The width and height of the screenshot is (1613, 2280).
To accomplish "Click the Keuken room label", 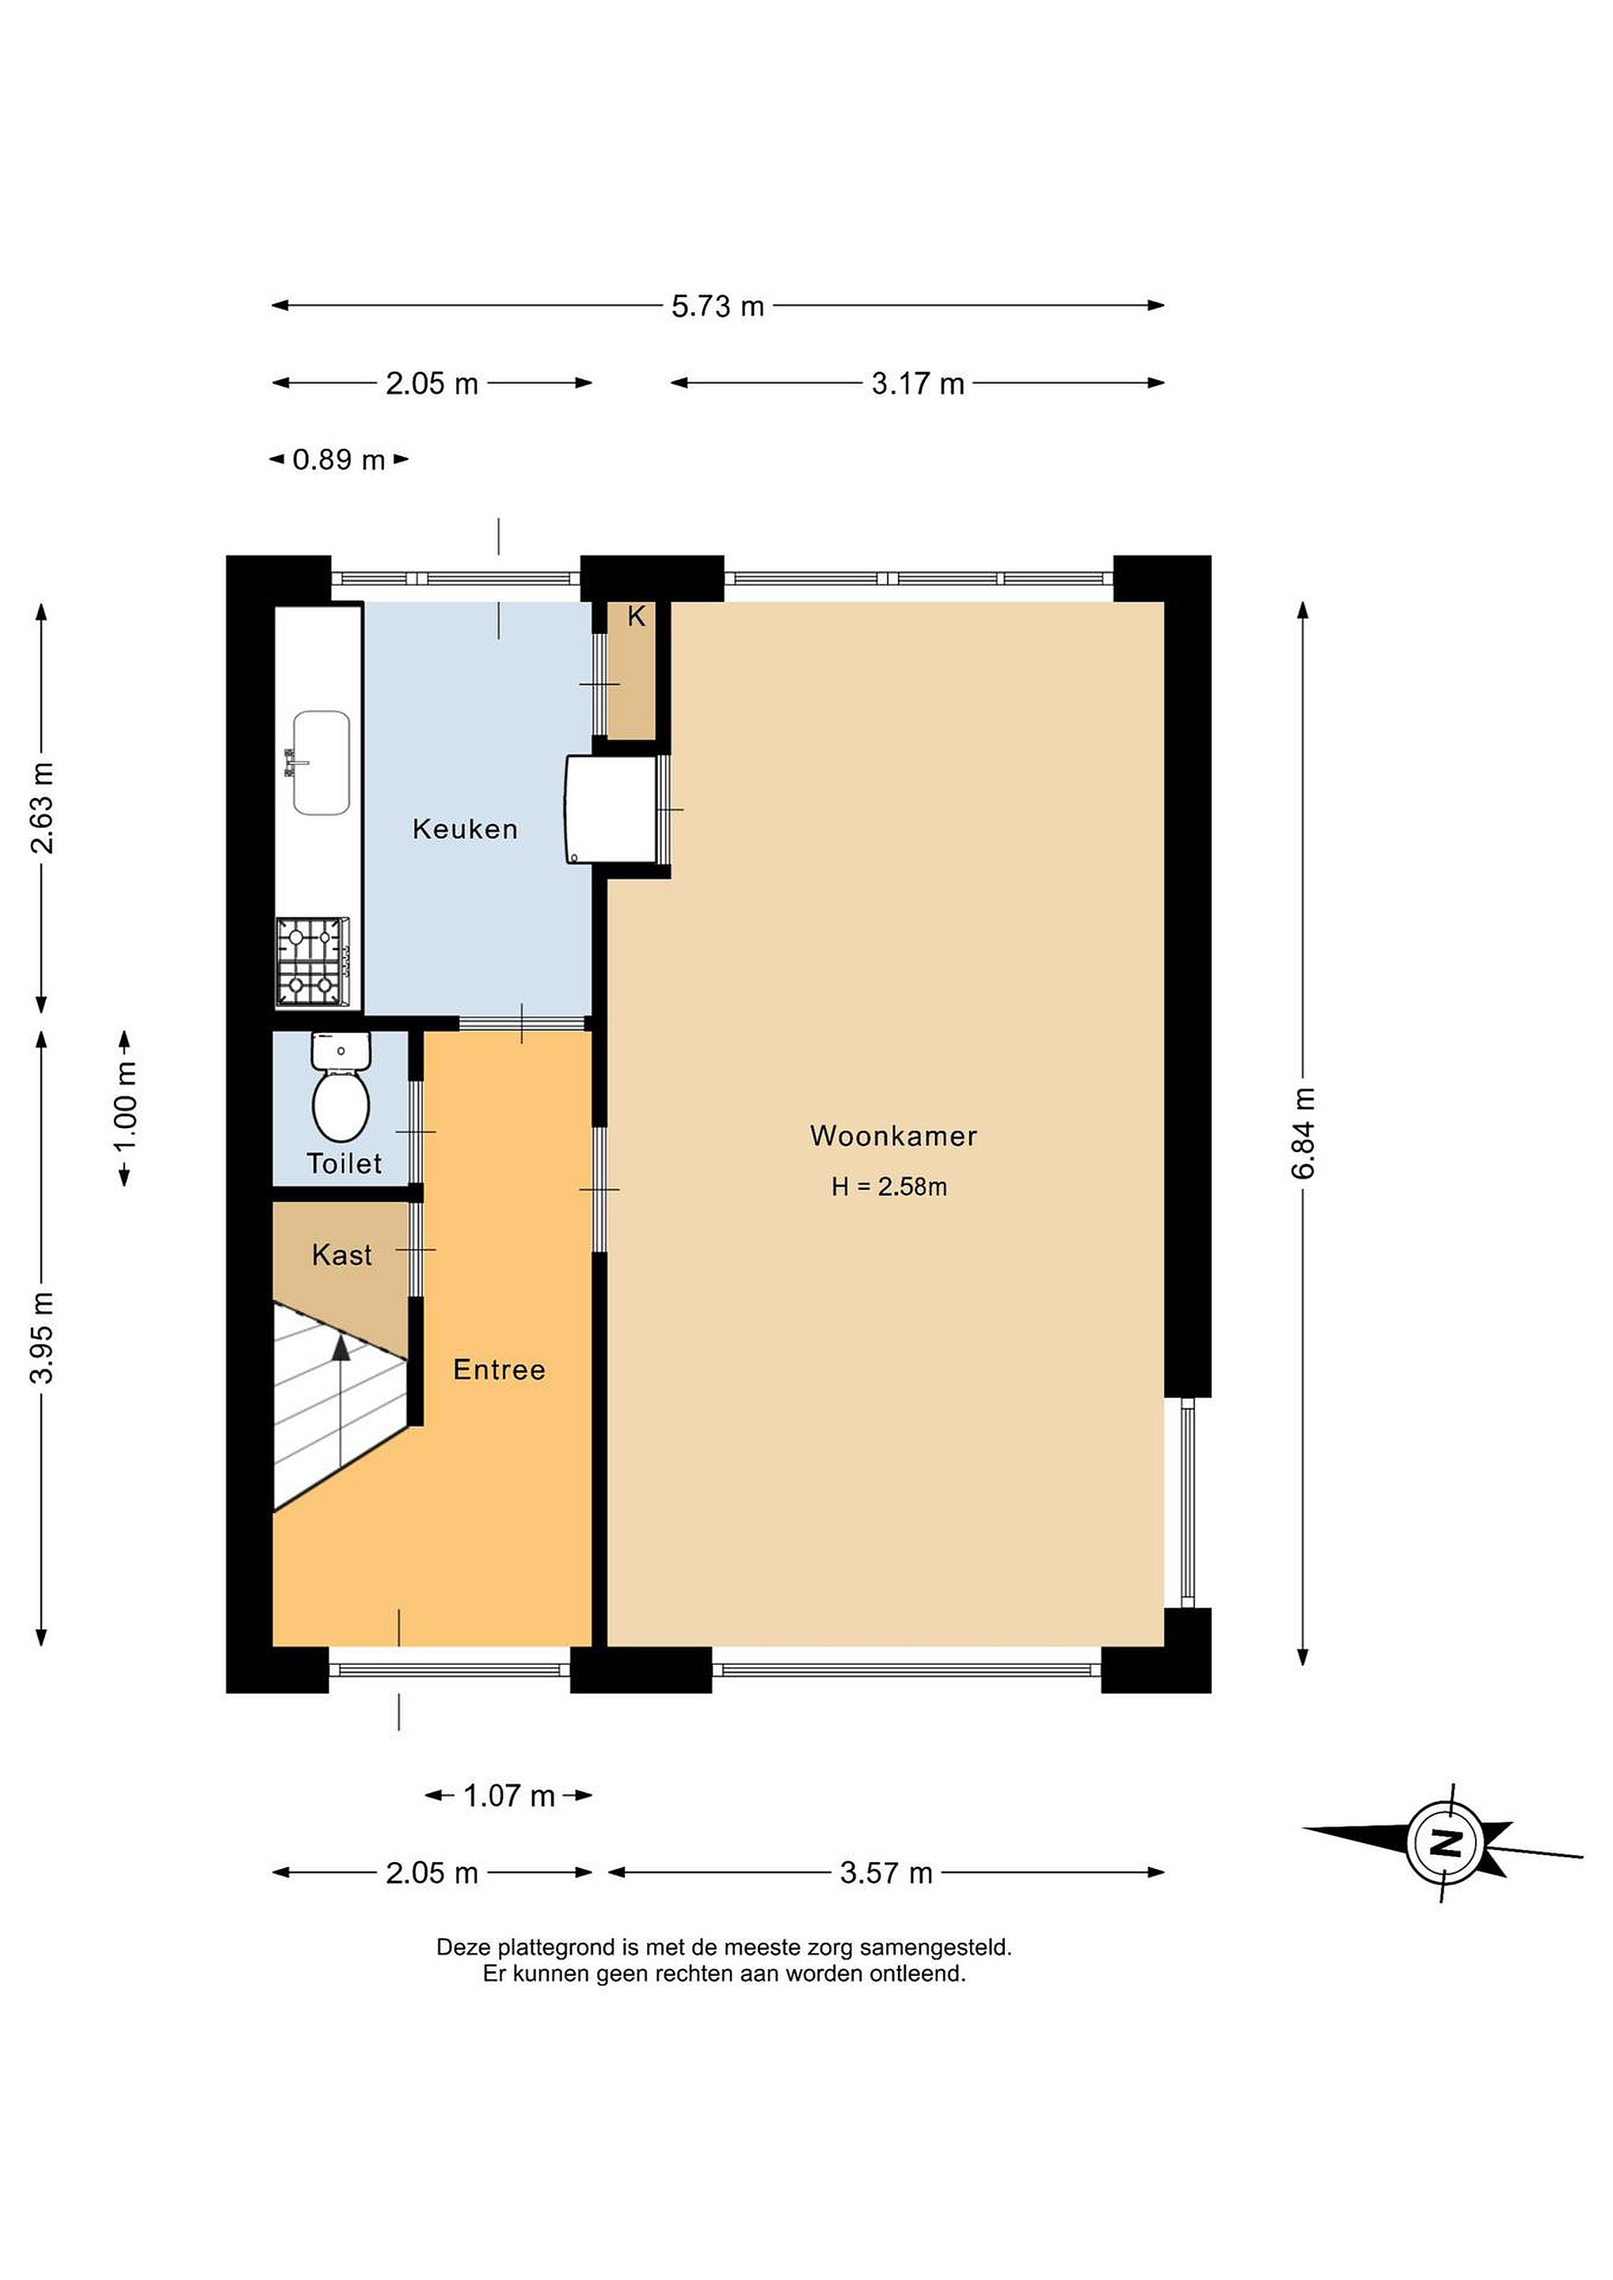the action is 465,828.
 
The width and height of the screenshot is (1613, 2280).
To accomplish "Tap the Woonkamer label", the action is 893,1135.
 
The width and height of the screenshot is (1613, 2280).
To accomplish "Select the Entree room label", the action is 499,1370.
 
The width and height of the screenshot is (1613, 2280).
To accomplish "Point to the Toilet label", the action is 344,1163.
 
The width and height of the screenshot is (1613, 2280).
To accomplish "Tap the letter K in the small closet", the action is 636,617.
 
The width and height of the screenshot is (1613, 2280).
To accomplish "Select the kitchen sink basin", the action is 320,762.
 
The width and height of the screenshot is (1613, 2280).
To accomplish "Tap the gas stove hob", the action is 312,961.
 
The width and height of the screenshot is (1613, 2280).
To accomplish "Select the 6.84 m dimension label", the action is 1303,1133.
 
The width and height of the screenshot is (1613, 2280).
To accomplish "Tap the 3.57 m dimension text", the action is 886,1873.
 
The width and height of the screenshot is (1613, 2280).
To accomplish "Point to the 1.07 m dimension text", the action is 508,1795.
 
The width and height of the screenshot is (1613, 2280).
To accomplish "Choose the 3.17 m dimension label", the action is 918,383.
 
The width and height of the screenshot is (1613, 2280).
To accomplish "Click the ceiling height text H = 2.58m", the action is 889,1187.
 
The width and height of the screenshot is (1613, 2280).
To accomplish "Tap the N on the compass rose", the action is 1446,1843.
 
